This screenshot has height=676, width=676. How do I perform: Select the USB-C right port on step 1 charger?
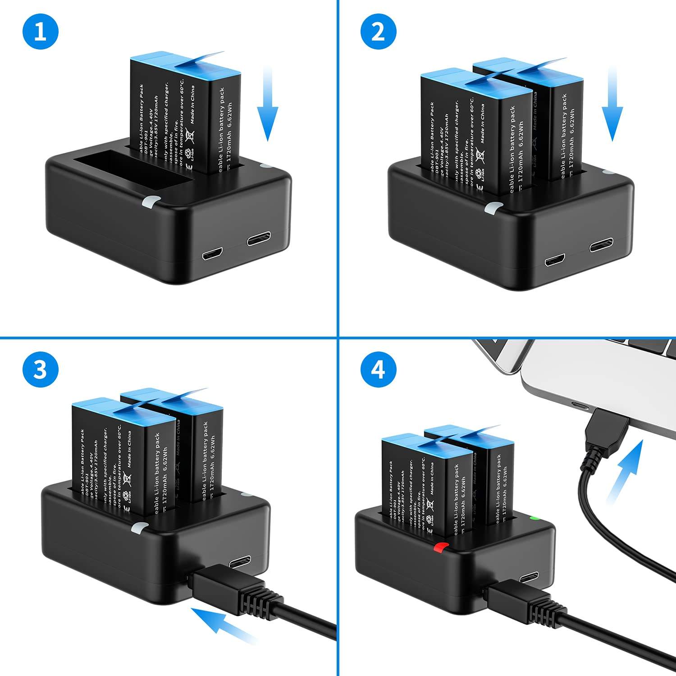tap(258, 239)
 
